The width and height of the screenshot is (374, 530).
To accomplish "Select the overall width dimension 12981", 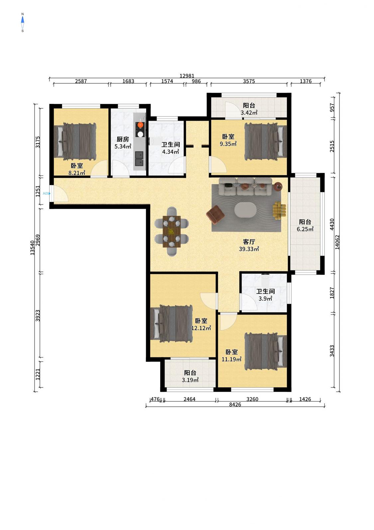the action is click(187, 76).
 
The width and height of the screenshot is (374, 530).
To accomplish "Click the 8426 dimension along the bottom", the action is click(235, 404).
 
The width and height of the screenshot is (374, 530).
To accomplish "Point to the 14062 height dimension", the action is click(337, 242).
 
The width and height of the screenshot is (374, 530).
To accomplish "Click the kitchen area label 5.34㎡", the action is click(123, 147).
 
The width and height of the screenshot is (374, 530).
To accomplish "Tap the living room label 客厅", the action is click(249, 242).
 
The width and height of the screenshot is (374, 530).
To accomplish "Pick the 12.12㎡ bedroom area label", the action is click(201, 328).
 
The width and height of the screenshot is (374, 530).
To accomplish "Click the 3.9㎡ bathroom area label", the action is click(265, 298).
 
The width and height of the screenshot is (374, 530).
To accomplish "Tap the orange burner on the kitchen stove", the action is click(141, 125).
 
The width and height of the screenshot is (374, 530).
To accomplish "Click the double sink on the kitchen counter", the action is click(139, 159).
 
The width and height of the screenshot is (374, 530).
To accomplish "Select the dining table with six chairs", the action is click(172, 232).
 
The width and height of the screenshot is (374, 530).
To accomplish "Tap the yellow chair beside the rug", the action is click(279, 211).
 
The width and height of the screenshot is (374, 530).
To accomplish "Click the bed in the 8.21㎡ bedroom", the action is click(75, 142).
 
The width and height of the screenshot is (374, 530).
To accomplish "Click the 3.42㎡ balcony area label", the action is click(249, 113).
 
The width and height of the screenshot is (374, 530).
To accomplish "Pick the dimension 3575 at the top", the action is click(249, 81).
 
